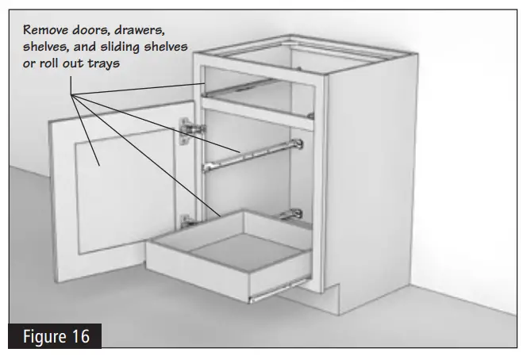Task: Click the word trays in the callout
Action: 104,63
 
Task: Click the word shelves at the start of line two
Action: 46,47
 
